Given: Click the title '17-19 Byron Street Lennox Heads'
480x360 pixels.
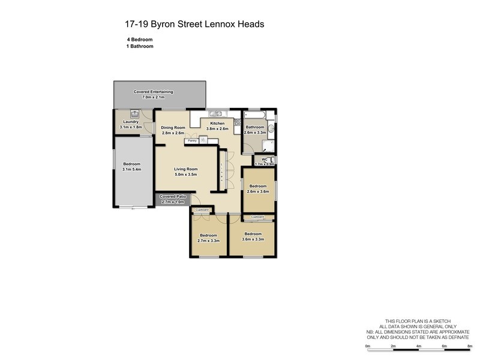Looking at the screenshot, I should pos(194,25).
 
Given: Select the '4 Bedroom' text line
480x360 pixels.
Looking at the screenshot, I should pos(140,39).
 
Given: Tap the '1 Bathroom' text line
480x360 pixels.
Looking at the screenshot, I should pos(140,46).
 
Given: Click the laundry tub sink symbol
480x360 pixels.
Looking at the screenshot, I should pos(136,113).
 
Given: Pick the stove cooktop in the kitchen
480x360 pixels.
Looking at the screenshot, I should pos(237,124).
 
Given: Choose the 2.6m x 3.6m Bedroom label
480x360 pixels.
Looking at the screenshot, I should pos(259,188).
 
